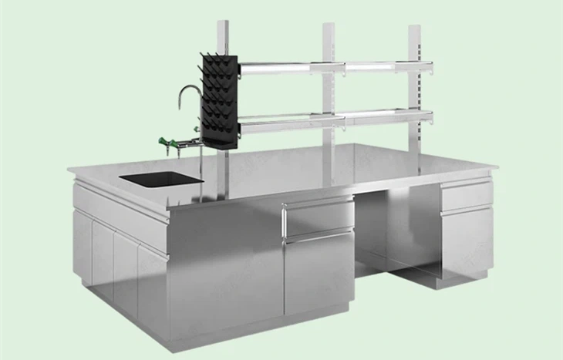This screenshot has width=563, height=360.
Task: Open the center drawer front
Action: [x=317, y=217]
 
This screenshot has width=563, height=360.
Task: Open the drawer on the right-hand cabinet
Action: [x=465, y=197]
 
